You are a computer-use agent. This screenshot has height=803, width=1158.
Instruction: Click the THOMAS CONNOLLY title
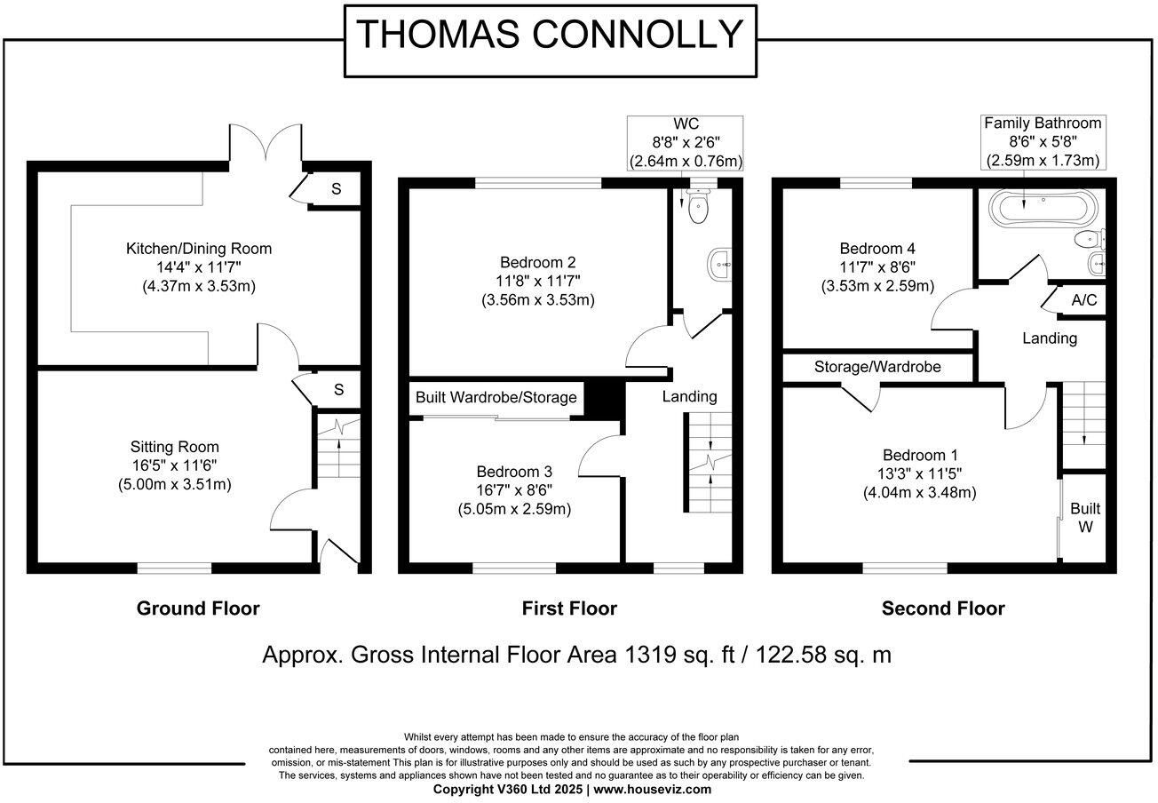tap(549, 35)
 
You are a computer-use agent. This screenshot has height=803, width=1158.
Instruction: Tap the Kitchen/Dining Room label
tap(198, 249)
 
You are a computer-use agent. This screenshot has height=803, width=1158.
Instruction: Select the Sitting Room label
tap(173, 447)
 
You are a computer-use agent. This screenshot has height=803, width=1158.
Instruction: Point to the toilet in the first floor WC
tap(698, 209)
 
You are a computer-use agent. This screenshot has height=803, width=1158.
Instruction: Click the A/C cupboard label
tap(1083, 300)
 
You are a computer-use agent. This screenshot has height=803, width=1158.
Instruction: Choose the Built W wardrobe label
tap(1084, 517)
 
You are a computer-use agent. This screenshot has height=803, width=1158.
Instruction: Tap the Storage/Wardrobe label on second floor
tap(877, 367)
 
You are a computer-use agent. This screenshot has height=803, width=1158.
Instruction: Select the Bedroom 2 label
tap(538, 262)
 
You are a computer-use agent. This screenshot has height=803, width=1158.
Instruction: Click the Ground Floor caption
tap(198, 608)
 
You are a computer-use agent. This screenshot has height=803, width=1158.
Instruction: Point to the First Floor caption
tap(569, 608)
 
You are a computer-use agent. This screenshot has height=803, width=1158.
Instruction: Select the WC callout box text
tap(685, 142)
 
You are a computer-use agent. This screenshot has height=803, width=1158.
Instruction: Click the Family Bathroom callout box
tap(1043, 142)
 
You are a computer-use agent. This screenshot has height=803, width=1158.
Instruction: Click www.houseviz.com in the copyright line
tap(653, 789)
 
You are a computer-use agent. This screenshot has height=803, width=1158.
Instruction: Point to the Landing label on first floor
tap(689, 396)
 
